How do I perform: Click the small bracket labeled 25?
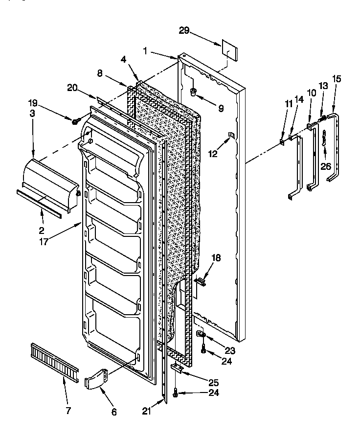pos(177,368)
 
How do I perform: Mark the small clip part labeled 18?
pos(201,281)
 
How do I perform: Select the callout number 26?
pos(326,166)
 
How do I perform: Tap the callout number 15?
pos(337,78)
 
